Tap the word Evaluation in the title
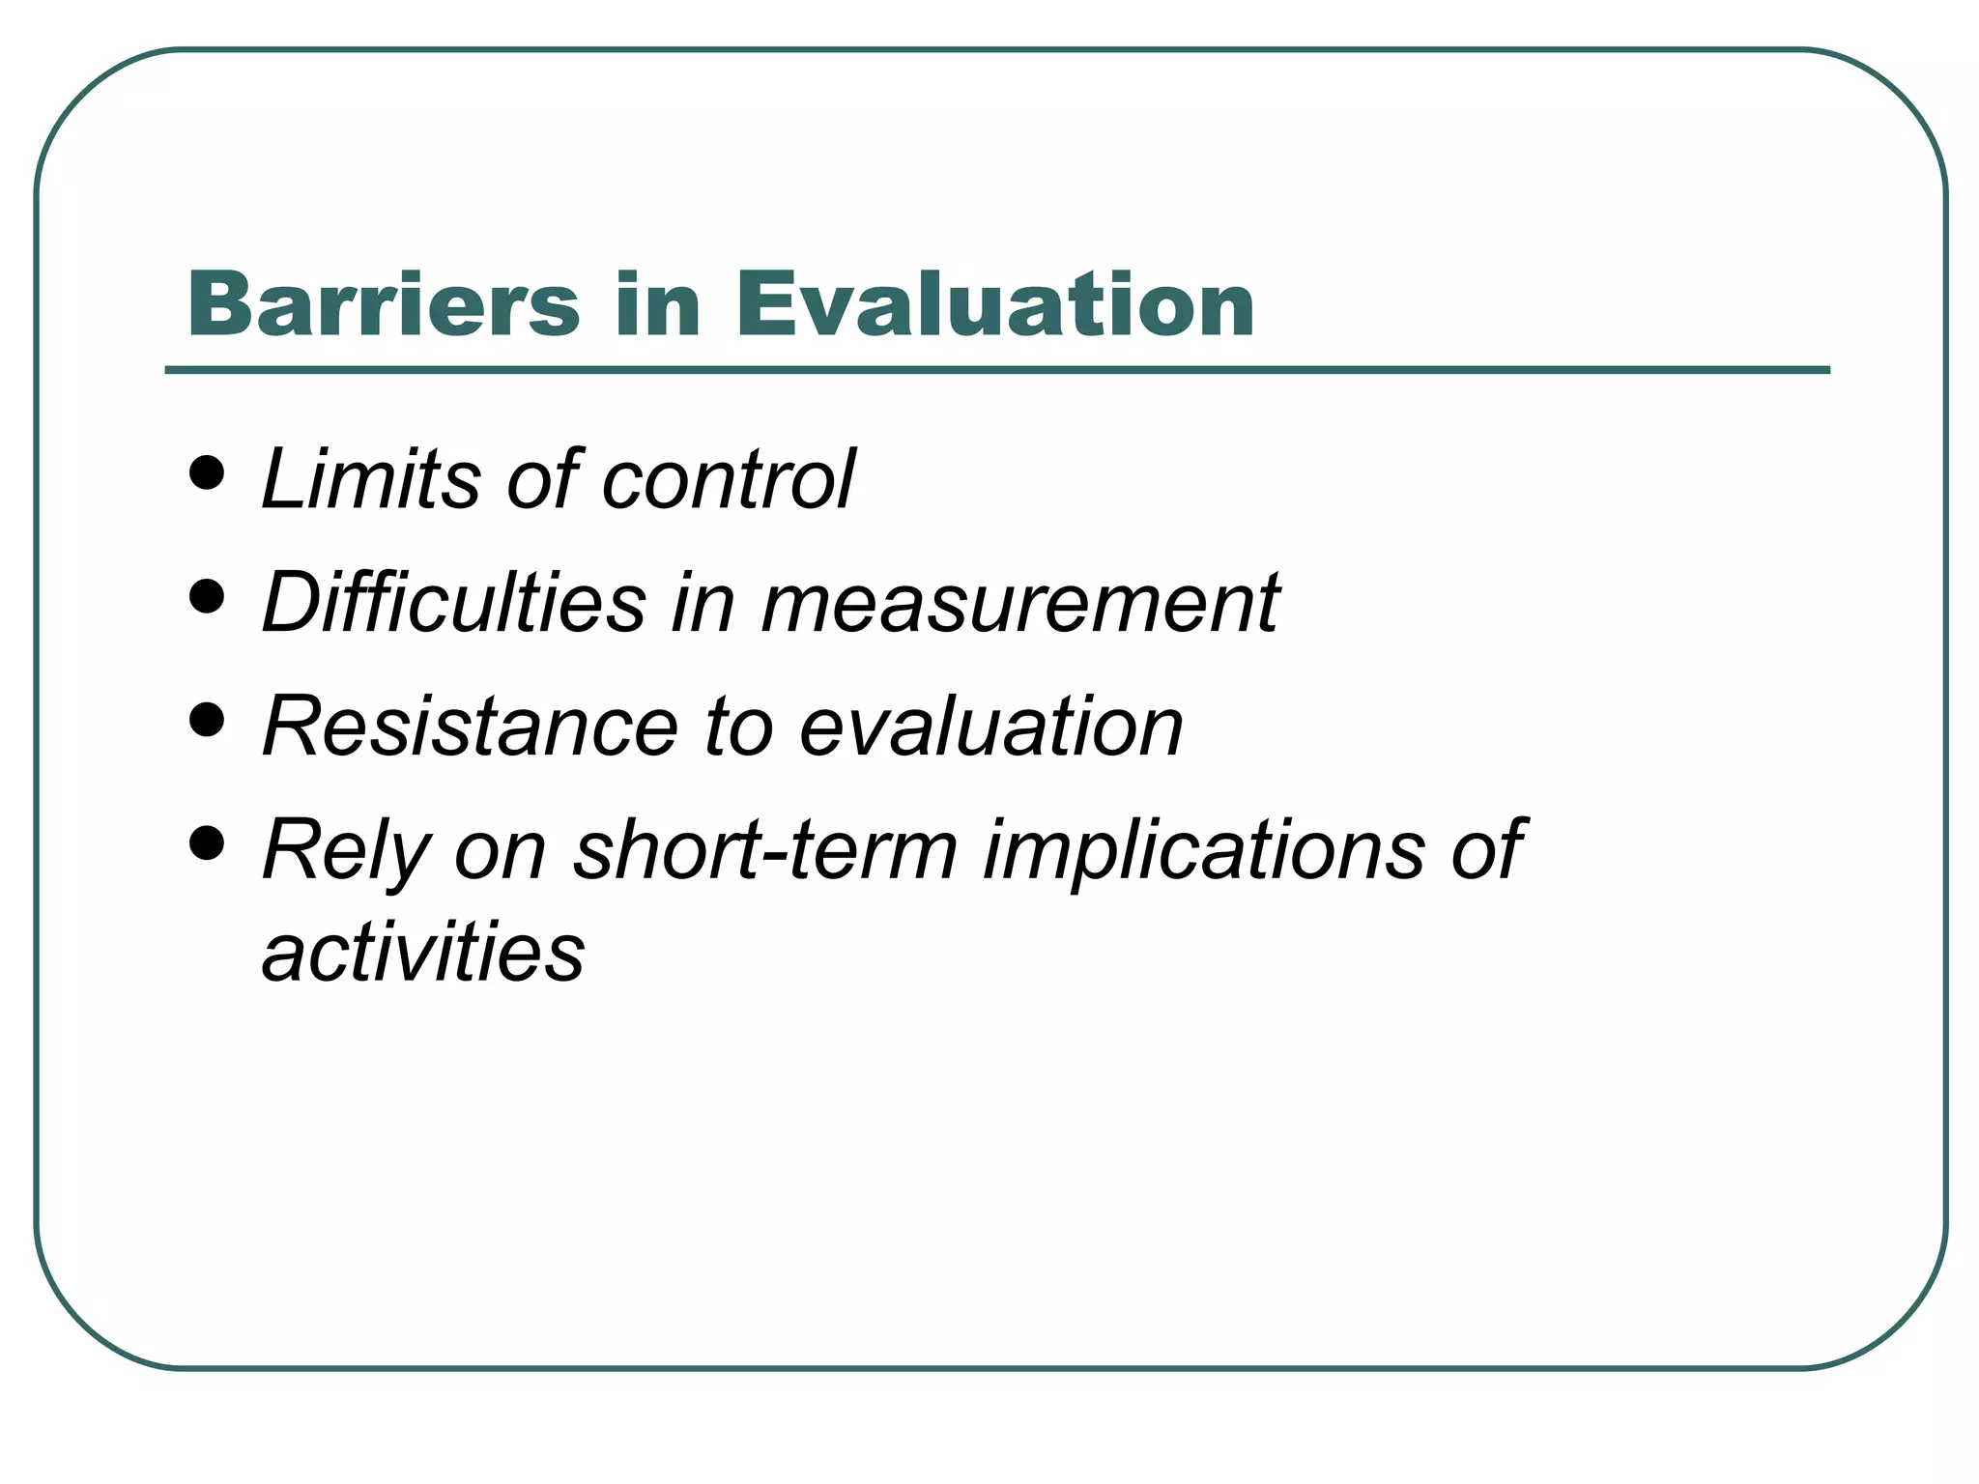point(994,304)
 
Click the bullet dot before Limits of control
point(207,473)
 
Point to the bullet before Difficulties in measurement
point(207,597)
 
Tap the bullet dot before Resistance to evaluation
point(207,720)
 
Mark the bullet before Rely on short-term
point(207,843)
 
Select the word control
point(729,480)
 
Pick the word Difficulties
point(453,602)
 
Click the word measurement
point(1020,604)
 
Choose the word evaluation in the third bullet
point(990,727)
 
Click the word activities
point(423,952)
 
